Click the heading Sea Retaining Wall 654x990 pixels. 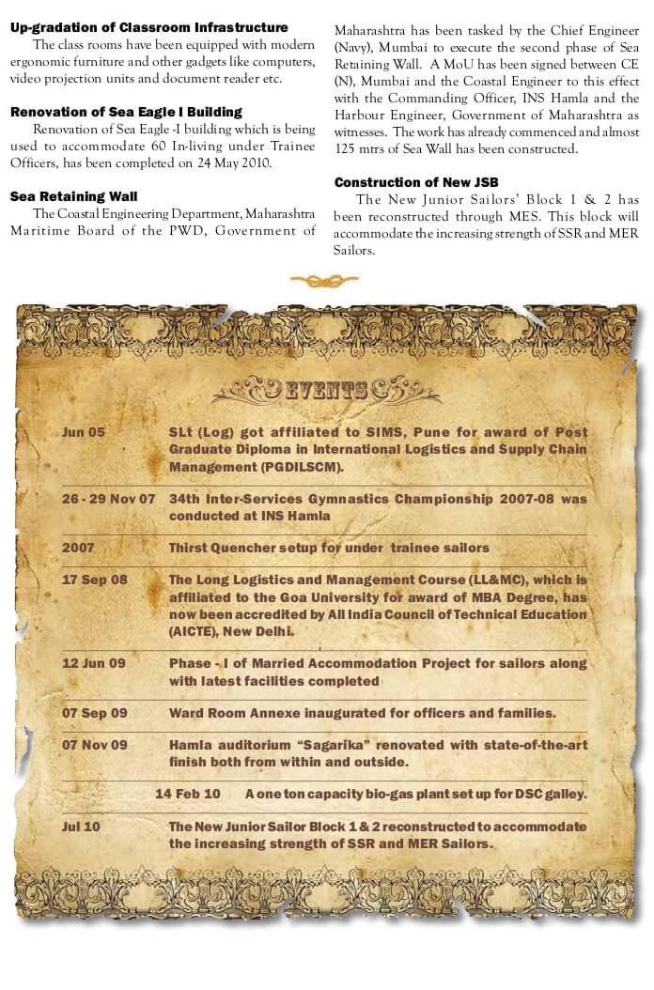point(73,196)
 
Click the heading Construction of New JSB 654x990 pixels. point(416,182)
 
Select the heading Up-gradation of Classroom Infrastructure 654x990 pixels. point(149,28)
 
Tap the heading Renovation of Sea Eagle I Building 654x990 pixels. point(126,113)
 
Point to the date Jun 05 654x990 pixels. point(84,433)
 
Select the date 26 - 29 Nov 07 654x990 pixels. point(108,500)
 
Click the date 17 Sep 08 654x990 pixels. point(94,580)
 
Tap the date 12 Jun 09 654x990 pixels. point(93,663)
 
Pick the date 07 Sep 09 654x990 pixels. point(94,713)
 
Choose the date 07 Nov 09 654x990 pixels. point(94,745)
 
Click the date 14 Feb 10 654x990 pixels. point(187,794)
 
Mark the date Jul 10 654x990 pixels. point(81,827)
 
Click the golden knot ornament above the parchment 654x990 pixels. point(324,280)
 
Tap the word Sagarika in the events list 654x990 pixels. point(332,745)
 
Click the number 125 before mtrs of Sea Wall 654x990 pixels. point(346,148)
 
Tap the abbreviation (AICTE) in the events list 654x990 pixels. point(195,631)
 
